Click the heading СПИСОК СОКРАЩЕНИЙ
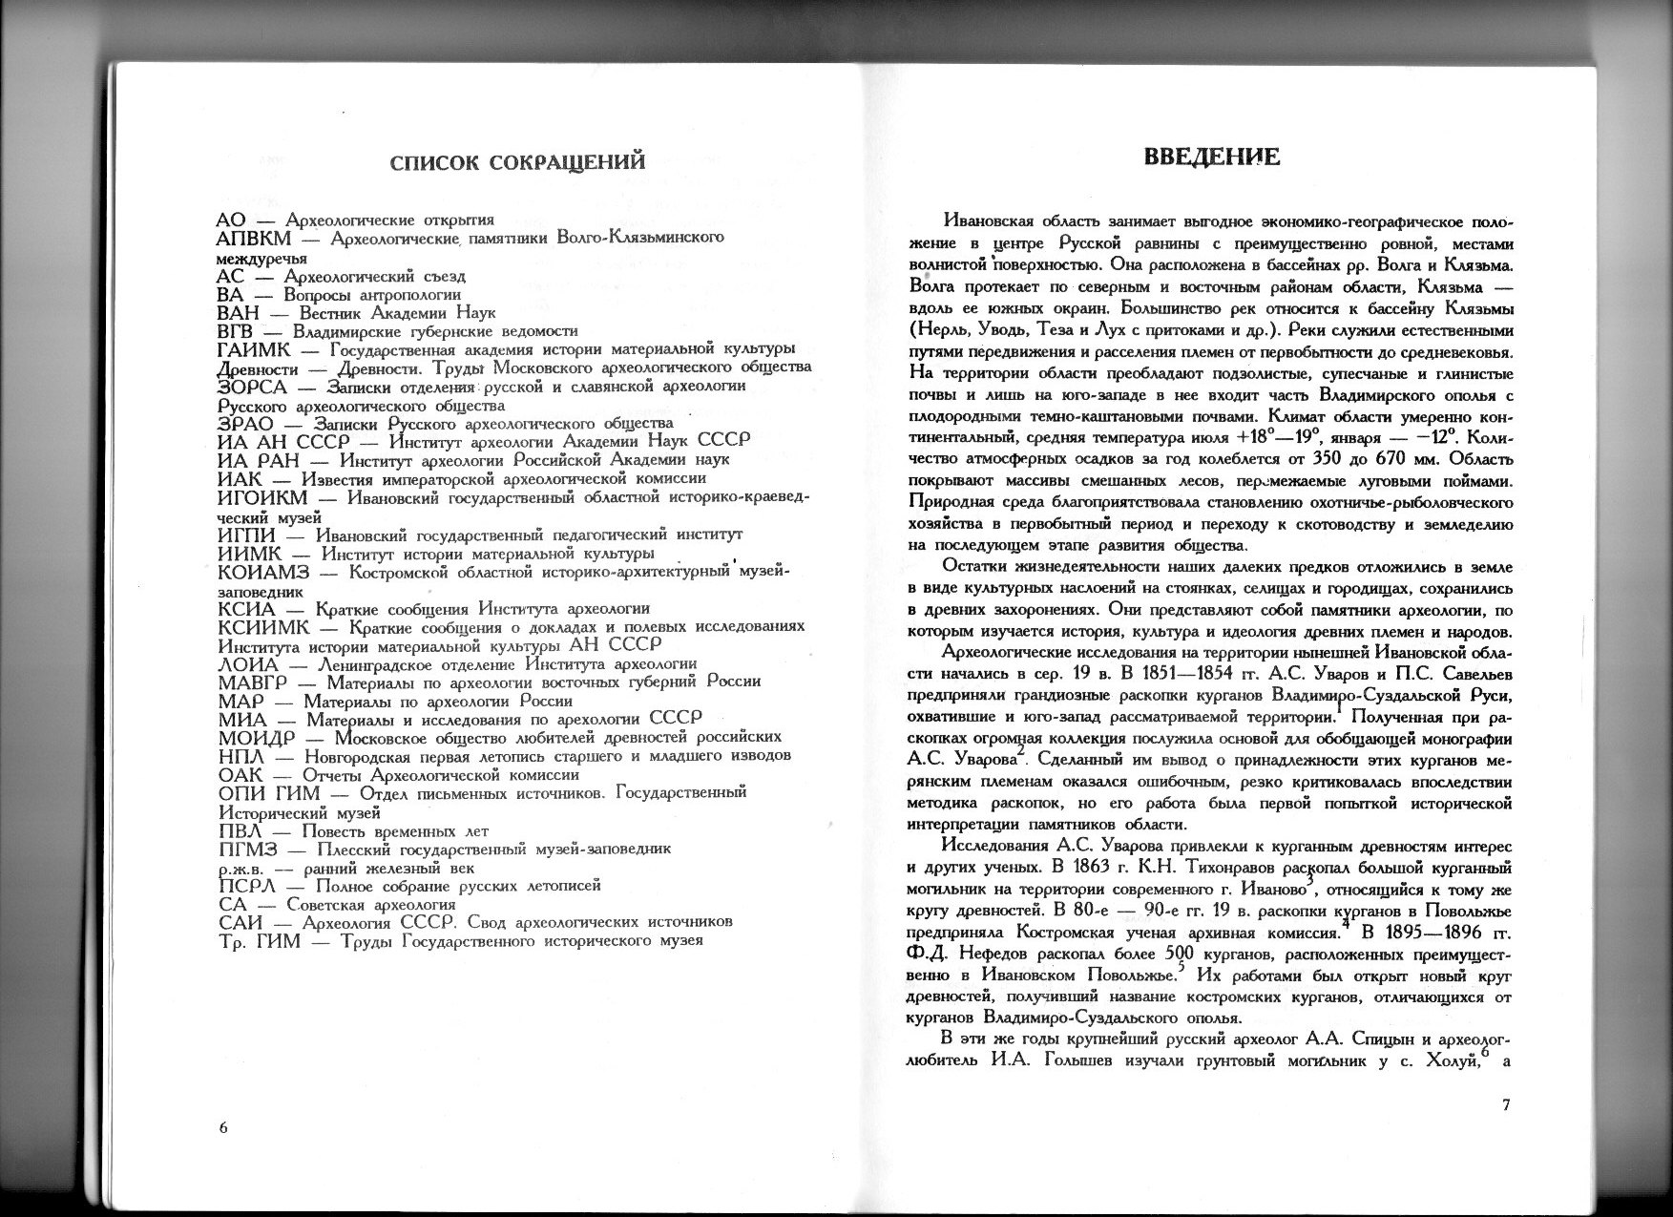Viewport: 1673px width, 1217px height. (517, 162)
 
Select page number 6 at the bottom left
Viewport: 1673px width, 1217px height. (223, 1126)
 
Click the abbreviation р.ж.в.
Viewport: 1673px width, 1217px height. (240, 869)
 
